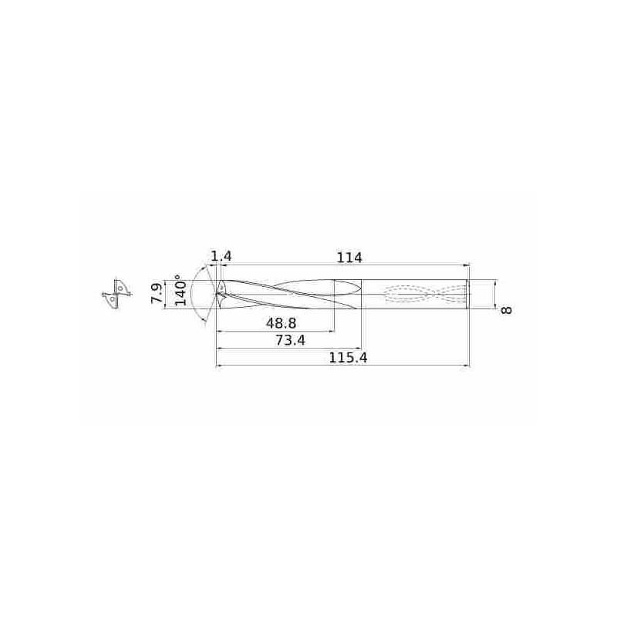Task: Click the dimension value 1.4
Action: [x=221, y=256]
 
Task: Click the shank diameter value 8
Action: [x=507, y=309]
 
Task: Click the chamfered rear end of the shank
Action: [x=467, y=294]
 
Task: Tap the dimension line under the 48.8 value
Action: [x=276, y=332]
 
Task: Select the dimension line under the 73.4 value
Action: [x=289, y=349]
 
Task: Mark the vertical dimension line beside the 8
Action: [x=494, y=294]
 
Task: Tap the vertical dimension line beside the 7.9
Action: [x=165, y=294]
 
